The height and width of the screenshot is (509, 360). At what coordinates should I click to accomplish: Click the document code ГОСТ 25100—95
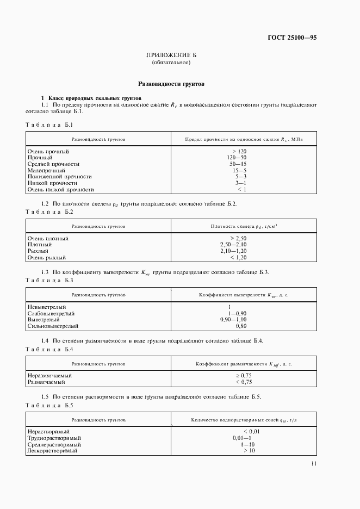coord(292,38)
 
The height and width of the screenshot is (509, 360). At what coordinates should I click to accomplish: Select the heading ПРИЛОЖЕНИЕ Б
coord(171,55)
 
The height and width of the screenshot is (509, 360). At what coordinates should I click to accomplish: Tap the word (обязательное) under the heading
coord(171,63)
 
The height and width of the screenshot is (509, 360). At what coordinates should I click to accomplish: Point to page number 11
coord(314,463)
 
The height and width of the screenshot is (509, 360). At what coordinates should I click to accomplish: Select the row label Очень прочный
coord(48,151)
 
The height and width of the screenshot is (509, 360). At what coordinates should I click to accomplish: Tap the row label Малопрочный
coord(46,170)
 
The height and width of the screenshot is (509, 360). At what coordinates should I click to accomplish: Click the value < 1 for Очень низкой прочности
coord(241,190)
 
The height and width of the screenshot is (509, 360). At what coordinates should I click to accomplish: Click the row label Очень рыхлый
coord(47,258)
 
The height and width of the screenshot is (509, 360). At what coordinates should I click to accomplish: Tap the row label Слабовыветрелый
coord(51,314)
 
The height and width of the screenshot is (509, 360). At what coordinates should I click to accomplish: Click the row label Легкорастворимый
coord(52,451)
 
